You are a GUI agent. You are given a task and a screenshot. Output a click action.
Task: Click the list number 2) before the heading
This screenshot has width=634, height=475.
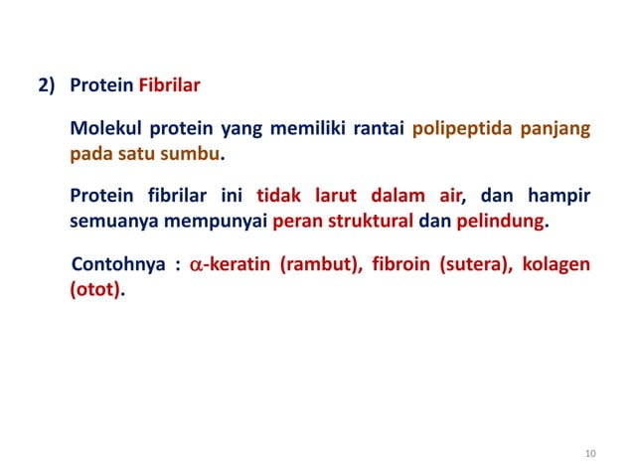pyautogui.click(x=49, y=85)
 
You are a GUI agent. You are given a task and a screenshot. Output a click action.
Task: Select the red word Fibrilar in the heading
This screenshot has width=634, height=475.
pyautogui.click(x=169, y=85)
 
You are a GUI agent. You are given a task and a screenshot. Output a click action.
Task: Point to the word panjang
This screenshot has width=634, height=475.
pyautogui.click(x=555, y=130)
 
